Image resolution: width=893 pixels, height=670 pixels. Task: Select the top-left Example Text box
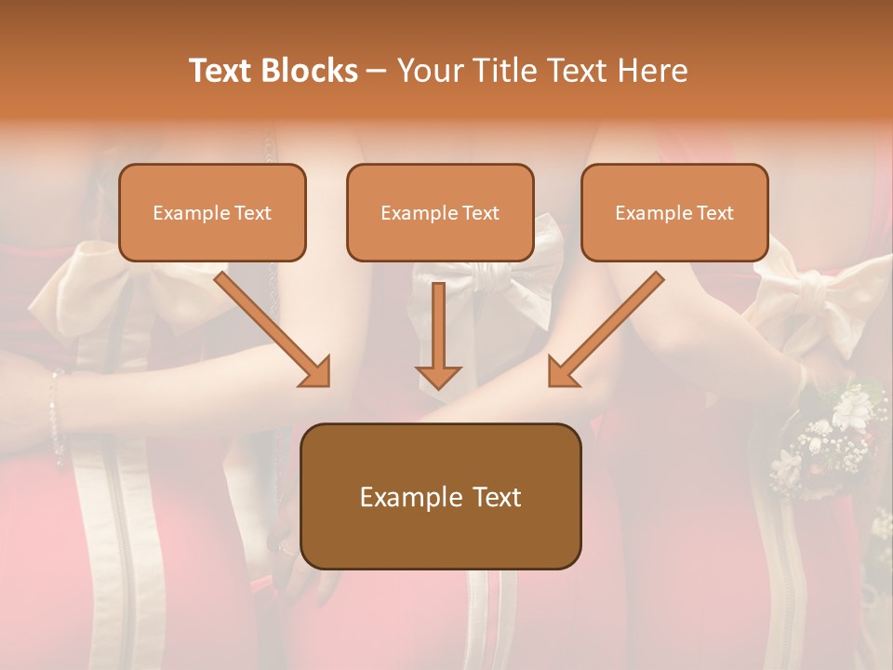click(212, 212)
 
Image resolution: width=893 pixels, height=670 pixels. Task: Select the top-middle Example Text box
click(440, 212)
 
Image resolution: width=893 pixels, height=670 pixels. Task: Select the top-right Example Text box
click(674, 212)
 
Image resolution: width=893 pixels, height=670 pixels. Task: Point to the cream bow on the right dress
click(809, 298)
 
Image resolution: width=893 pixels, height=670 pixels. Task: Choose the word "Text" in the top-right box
click(714, 213)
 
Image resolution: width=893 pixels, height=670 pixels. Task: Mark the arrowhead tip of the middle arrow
click(439, 386)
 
